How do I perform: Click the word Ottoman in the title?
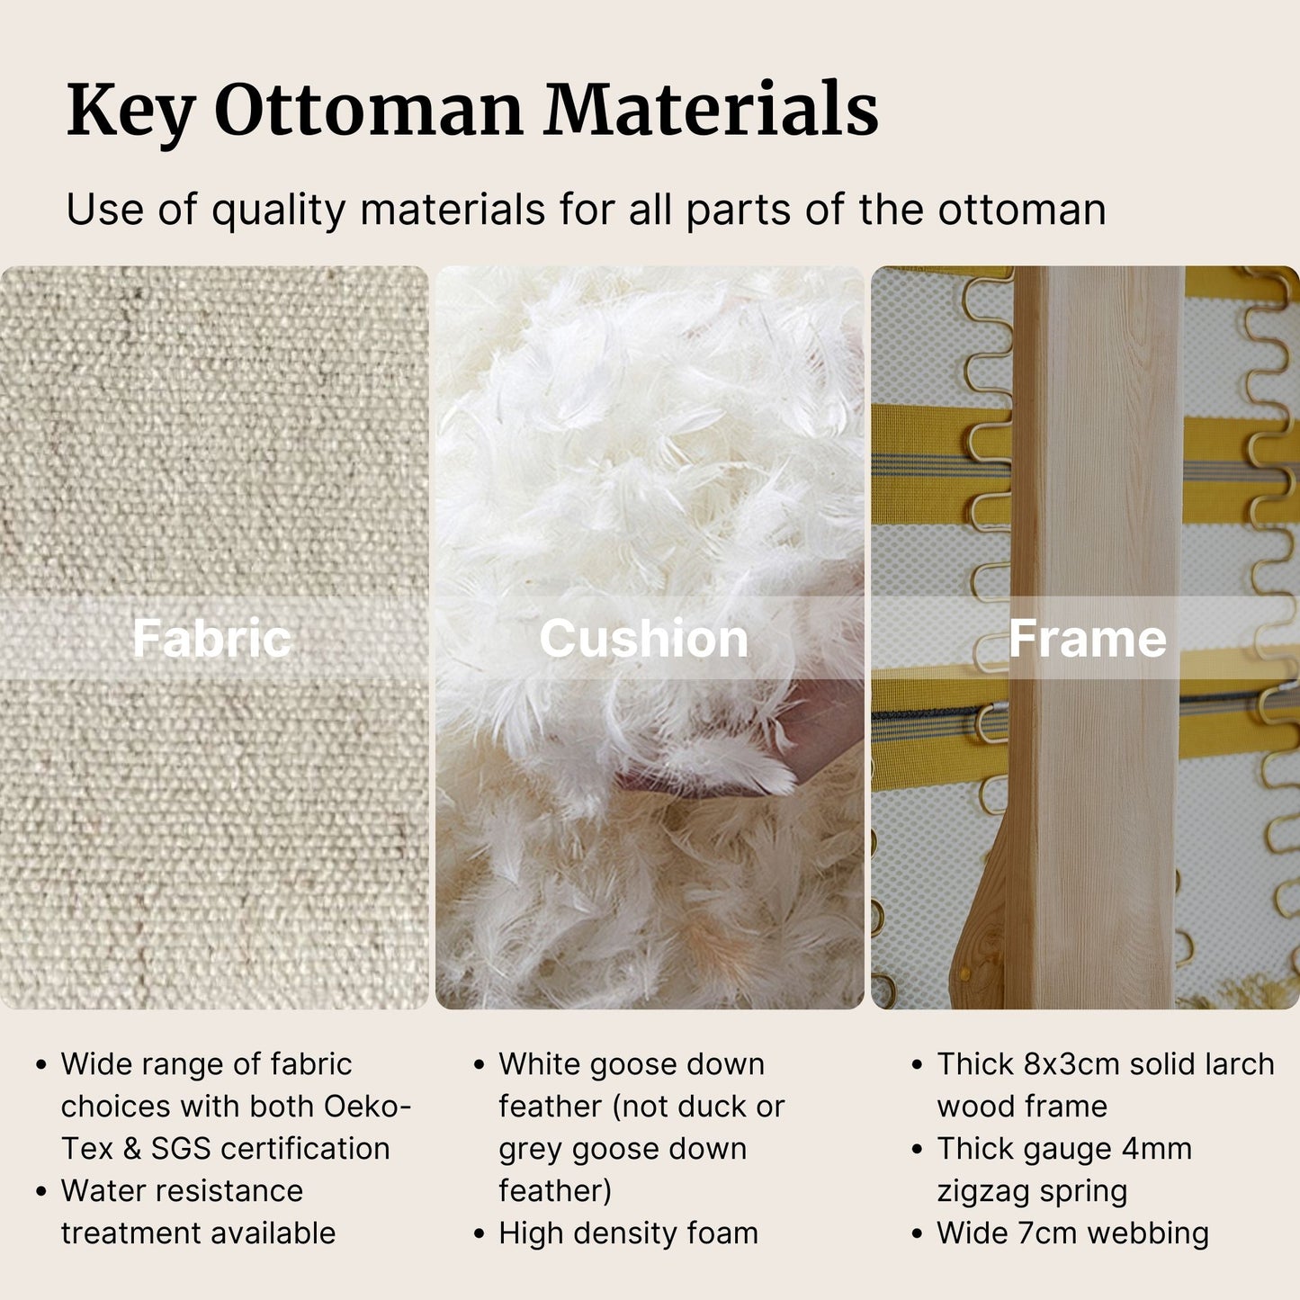click(x=369, y=110)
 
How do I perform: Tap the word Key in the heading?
click(x=130, y=112)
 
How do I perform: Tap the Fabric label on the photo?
click(x=212, y=638)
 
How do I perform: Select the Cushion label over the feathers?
click(x=644, y=638)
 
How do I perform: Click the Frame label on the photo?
click(x=1087, y=638)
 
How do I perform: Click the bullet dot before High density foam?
click(x=479, y=1233)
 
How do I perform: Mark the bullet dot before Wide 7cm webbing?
click(x=917, y=1233)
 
